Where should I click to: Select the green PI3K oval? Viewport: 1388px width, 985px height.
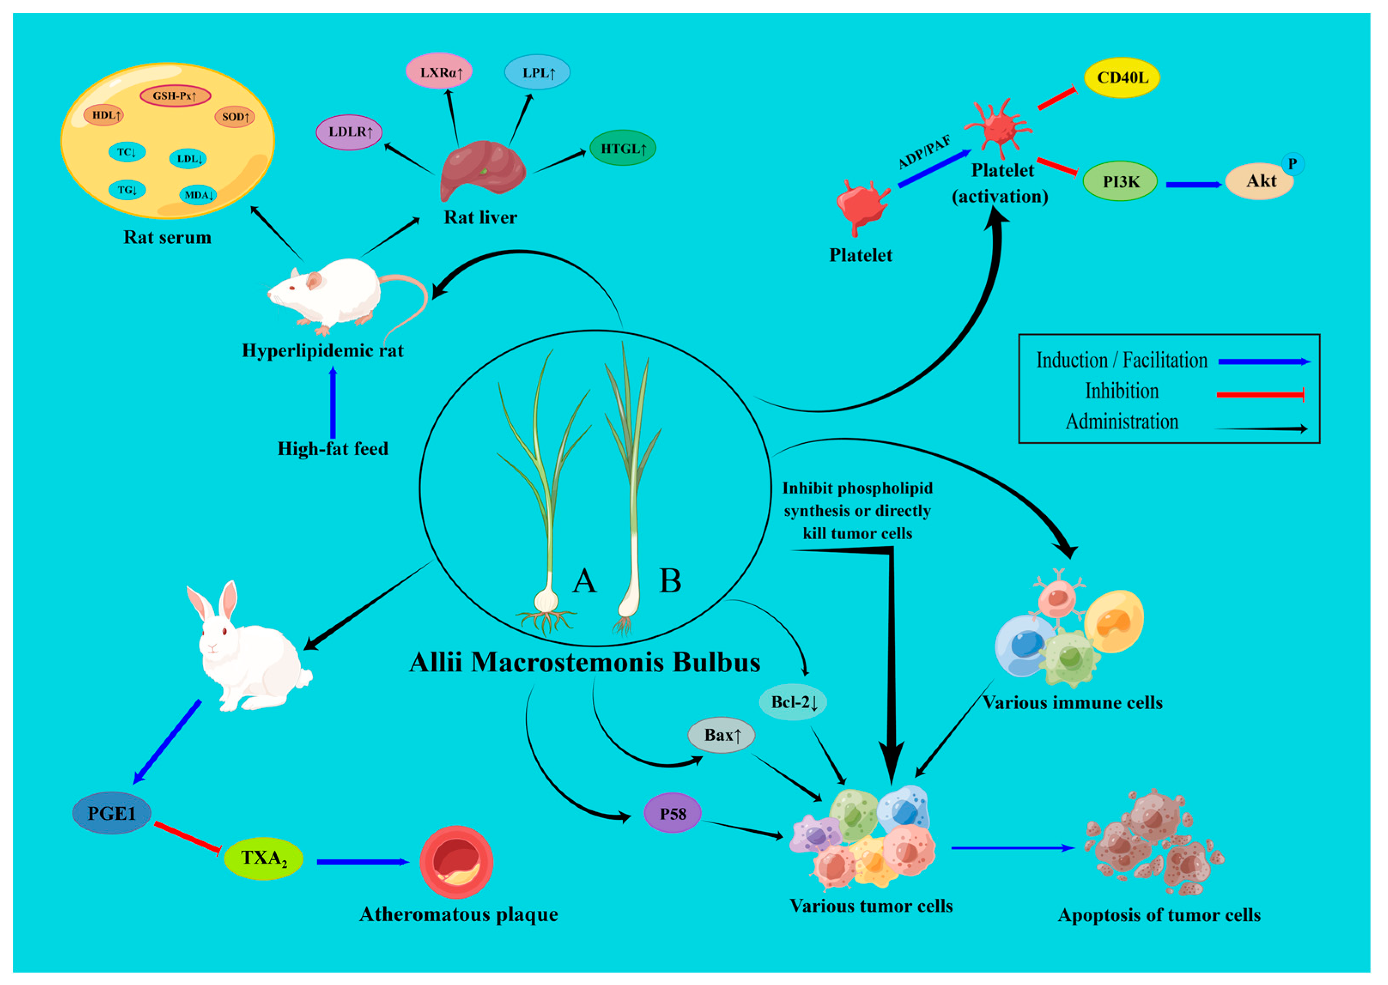[x=1120, y=181]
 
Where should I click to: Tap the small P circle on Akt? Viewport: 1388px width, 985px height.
[x=1292, y=164]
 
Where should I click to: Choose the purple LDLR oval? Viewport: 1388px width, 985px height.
[x=349, y=132]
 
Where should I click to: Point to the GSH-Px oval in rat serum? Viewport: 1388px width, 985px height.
[x=175, y=96]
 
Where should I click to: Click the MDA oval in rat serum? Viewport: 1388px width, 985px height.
[x=198, y=195]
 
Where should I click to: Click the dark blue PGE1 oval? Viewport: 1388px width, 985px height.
[x=112, y=813]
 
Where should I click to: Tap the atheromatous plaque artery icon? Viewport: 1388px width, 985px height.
[x=456, y=861]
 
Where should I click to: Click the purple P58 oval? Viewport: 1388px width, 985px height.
[x=672, y=813]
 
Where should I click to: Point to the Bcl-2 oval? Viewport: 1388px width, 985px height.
[x=793, y=702]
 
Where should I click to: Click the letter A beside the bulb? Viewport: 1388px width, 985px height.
[x=584, y=580]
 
